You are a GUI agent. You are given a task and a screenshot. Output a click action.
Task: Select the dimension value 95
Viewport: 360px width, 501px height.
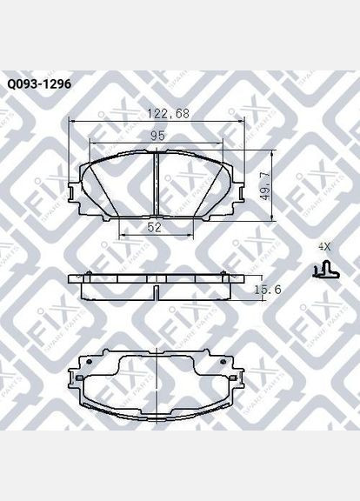(157, 136)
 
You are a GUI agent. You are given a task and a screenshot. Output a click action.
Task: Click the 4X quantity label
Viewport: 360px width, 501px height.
(324, 247)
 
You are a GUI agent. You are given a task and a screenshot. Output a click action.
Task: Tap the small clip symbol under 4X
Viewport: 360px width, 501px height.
(324, 271)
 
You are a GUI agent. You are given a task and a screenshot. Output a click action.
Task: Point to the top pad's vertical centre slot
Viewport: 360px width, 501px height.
(156, 183)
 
